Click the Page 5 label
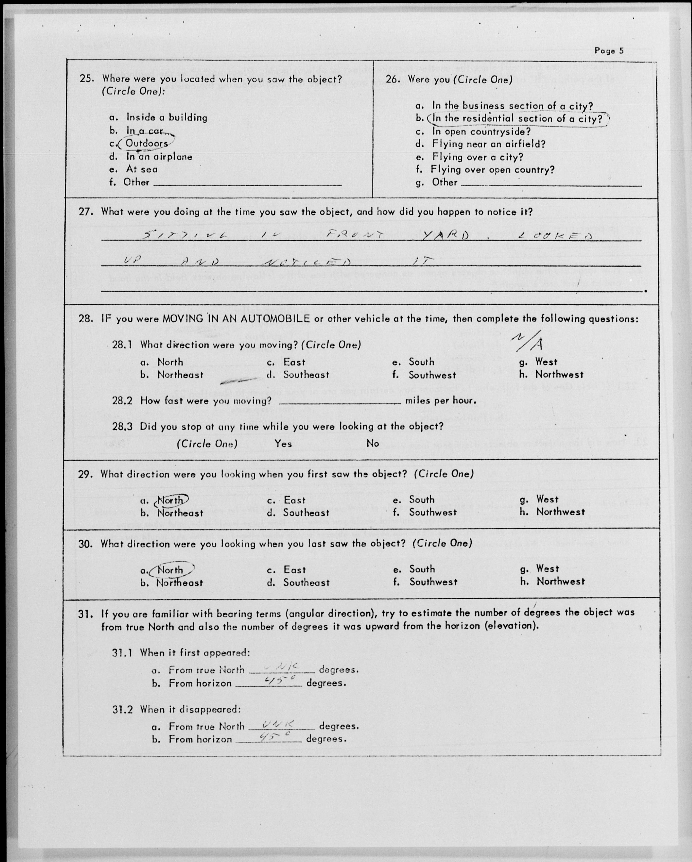[x=608, y=51]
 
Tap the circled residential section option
[x=517, y=119]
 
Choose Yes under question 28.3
[x=283, y=444]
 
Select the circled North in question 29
[x=170, y=500]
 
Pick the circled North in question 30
[x=170, y=570]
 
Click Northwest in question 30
[x=560, y=582]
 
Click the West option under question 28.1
[x=546, y=362]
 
